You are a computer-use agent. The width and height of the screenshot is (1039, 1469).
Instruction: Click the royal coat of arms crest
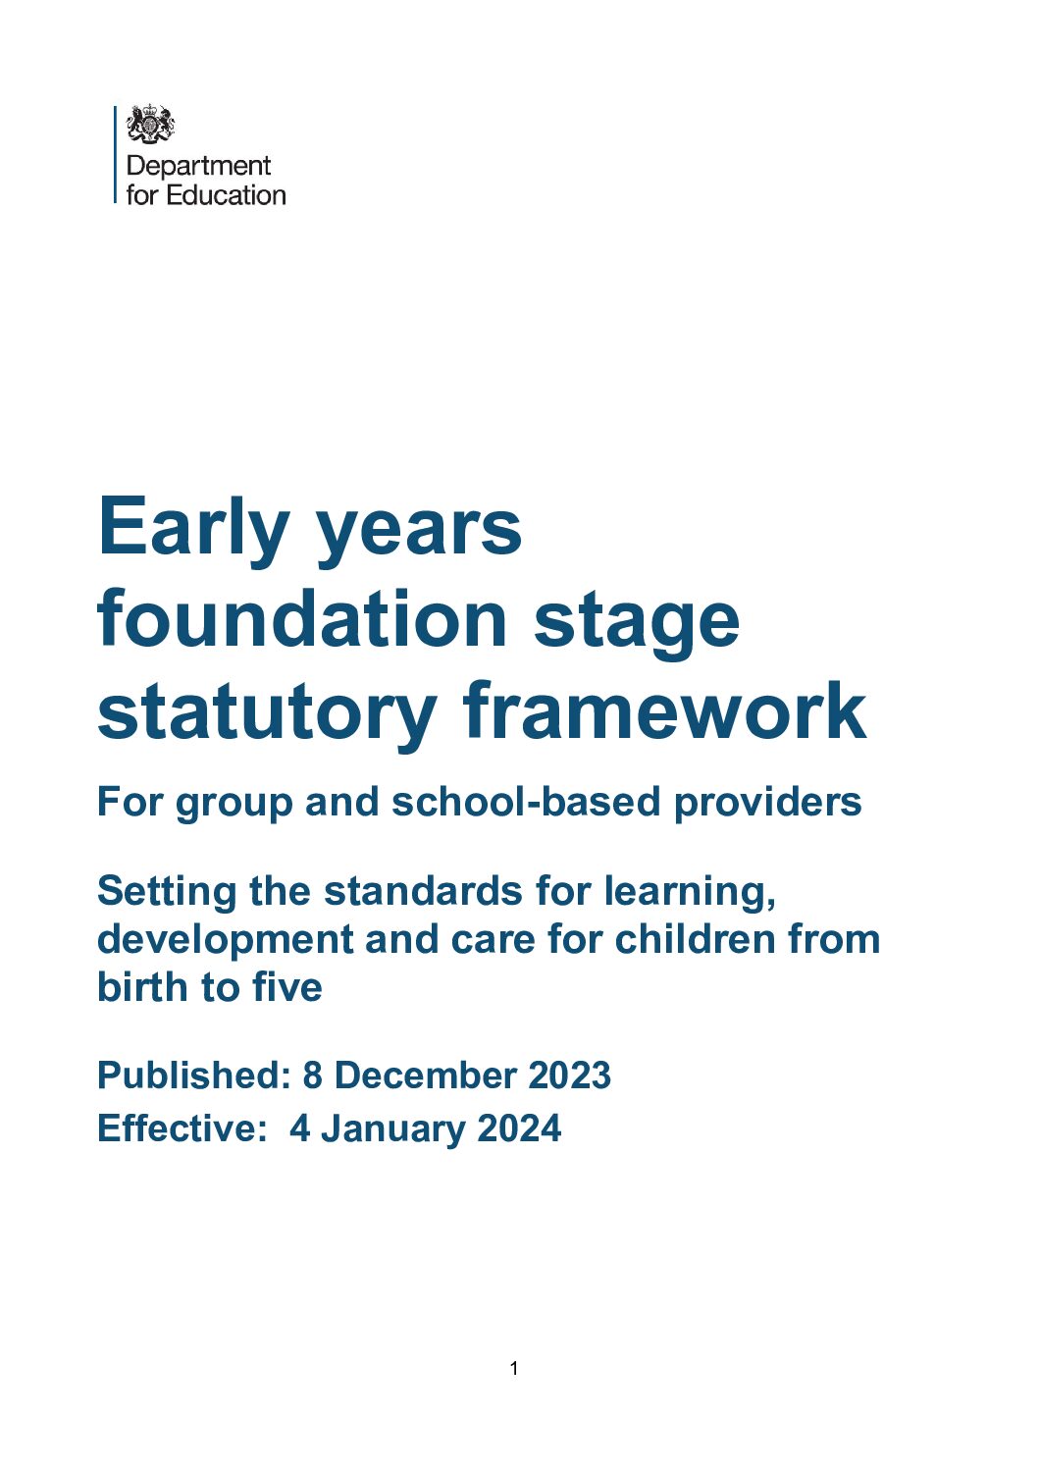[150, 125]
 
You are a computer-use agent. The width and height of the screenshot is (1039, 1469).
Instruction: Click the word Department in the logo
[198, 165]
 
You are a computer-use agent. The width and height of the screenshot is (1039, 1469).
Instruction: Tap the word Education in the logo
[226, 194]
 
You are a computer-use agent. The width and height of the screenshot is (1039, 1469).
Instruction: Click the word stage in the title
[637, 621]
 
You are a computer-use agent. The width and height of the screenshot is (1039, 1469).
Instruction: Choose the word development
[225, 940]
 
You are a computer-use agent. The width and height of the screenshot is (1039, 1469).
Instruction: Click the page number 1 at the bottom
[514, 1368]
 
